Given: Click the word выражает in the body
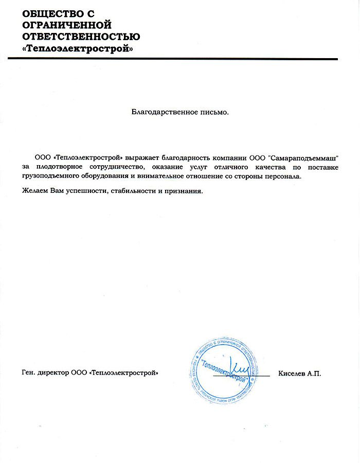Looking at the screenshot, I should click(x=138, y=158).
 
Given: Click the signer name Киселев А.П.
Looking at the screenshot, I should click(x=299, y=373).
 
